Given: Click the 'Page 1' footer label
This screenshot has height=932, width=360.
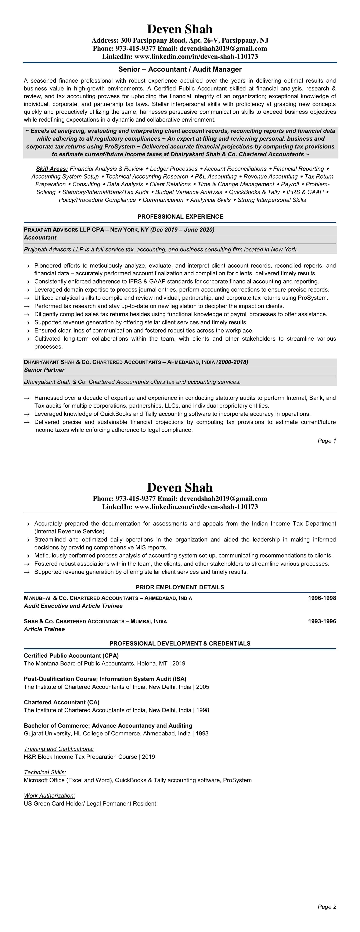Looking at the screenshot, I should [x=327, y=441].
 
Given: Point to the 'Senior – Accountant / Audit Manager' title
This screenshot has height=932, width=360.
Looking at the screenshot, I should [x=180, y=69].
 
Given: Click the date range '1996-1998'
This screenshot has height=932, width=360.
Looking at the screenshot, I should [x=322, y=598].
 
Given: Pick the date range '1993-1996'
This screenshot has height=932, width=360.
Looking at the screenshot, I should [x=322, y=621].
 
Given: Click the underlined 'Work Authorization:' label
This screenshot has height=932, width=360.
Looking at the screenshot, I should [x=50, y=796].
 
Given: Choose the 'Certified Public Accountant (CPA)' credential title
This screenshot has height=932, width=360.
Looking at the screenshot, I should [x=71, y=656].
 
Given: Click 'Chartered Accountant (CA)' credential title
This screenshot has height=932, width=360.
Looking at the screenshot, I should [x=61, y=702].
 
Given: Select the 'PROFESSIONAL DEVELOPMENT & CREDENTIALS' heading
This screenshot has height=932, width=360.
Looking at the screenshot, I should [x=180, y=643].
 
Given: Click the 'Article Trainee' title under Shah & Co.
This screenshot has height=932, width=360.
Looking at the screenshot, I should [x=44, y=629].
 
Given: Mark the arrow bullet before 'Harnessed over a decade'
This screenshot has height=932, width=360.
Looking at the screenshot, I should [x=26, y=398].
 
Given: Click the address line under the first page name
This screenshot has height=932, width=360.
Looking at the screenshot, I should [x=180, y=40].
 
